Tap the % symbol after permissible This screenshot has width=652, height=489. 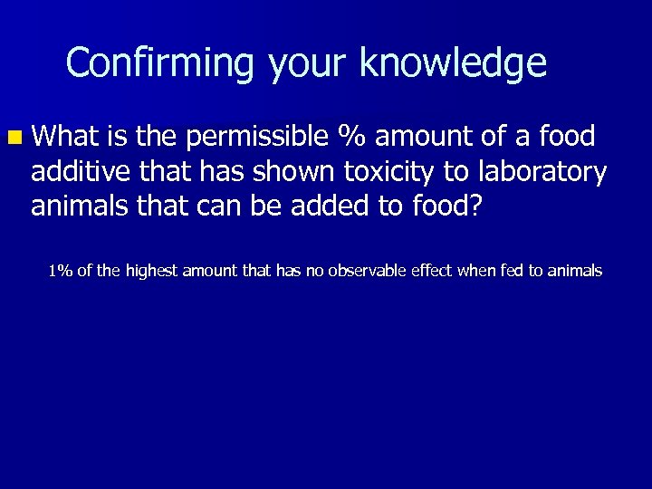click(x=350, y=137)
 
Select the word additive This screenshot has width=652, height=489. click(x=77, y=171)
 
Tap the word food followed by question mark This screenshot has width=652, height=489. click(x=443, y=206)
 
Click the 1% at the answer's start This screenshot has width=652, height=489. click(x=61, y=270)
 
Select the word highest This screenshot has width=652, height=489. click(x=151, y=270)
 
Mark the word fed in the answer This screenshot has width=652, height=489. click(x=500, y=270)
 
